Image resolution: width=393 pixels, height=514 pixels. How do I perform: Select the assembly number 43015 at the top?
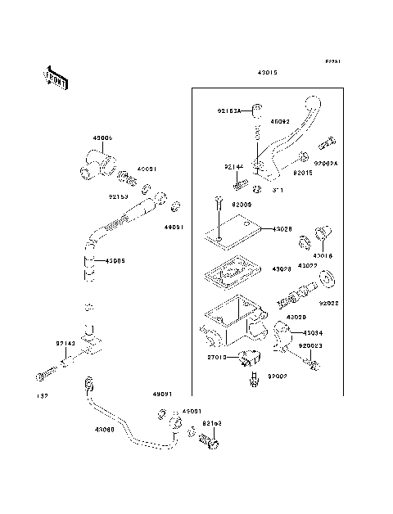(267, 73)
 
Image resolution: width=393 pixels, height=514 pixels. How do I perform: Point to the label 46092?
(280, 122)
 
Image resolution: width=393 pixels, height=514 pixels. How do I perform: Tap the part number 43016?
(323, 256)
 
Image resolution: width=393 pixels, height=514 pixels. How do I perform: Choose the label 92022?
(330, 302)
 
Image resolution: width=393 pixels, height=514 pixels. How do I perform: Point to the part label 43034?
(314, 333)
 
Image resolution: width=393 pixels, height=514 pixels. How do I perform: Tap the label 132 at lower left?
(39, 397)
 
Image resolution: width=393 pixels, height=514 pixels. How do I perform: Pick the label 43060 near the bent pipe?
(105, 430)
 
